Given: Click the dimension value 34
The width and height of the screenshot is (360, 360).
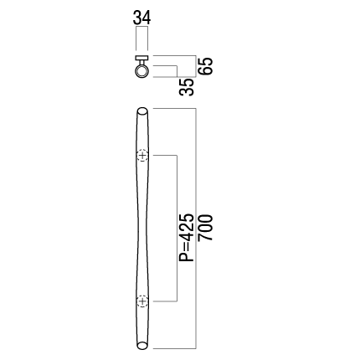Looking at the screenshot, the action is (141, 18).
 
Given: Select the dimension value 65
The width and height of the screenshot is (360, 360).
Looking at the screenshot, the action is (206, 66).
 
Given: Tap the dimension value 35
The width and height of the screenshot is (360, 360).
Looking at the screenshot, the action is (187, 87).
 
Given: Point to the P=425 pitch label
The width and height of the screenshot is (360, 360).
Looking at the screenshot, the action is (187, 238).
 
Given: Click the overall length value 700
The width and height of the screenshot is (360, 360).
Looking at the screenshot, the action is (206, 228).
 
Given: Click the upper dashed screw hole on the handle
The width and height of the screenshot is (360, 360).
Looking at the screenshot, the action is (142, 155).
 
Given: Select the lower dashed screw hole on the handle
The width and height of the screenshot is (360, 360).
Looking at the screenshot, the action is (142, 301).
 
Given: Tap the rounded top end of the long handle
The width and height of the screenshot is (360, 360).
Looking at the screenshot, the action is (142, 111).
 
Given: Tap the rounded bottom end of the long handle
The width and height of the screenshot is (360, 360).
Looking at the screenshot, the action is (142, 345).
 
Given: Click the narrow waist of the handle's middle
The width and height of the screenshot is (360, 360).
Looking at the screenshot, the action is (142, 229).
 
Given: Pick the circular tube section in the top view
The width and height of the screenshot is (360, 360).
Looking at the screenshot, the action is (141, 71).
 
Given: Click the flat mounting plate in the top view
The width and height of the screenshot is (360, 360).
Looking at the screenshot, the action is (141, 58).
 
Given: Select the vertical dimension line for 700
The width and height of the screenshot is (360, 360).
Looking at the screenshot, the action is (197, 229).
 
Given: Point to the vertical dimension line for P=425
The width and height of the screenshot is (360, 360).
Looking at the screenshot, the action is (177, 229).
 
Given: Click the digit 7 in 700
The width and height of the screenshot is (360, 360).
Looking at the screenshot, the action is (206, 237).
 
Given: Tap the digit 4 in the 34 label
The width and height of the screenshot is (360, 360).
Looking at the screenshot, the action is (147, 18).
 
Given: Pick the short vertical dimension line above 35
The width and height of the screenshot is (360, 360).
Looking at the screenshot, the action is (177, 71).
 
